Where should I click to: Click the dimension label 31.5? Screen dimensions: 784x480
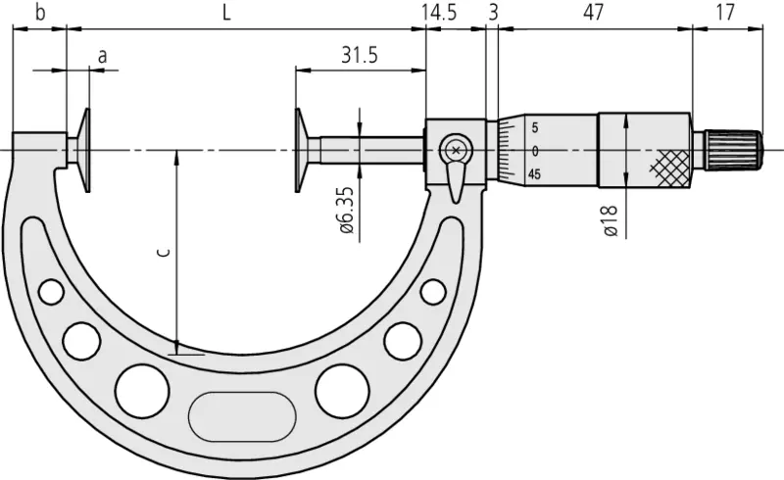(359, 55)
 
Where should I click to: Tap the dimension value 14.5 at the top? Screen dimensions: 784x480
(438, 13)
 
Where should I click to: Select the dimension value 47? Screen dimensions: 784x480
(594, 13)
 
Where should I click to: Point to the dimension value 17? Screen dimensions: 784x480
(724, 13)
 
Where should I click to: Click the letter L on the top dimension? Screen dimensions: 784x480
(226, 13)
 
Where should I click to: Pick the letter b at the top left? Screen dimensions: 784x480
(40, 13)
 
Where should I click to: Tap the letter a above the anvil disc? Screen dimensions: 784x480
(103, 56)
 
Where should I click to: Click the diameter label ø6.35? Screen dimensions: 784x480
(346, 210)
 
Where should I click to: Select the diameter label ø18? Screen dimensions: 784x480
(611, 220)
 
